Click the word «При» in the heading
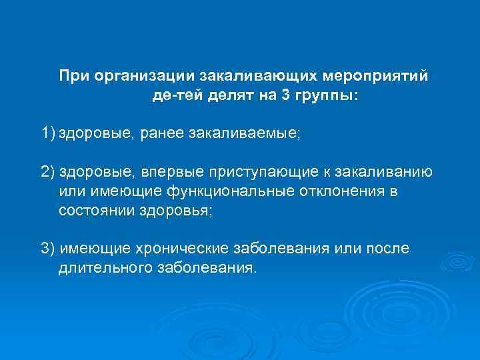pyautogui.click(x=74, y=76)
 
